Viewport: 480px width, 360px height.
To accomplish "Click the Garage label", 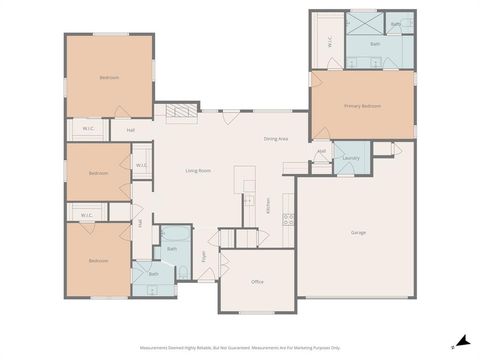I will (x=357, y=233).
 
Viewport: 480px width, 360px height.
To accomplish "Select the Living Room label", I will (x=198, y=171).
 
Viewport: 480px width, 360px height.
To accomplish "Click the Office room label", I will (x=257, y=282).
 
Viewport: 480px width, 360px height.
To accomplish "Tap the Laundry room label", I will (x=350, y=158).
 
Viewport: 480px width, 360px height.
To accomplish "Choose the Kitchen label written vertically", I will (x=268, y=206).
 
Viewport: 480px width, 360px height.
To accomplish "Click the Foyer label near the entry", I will (x=203, y=257).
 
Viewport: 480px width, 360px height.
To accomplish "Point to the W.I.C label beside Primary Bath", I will (x=329, y=42).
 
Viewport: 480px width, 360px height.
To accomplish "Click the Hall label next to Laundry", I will (x=321, y=152).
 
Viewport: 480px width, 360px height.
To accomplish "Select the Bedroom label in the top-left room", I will (x=109, y=77).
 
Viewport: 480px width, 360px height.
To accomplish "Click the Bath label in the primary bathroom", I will (x=375, y=44).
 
